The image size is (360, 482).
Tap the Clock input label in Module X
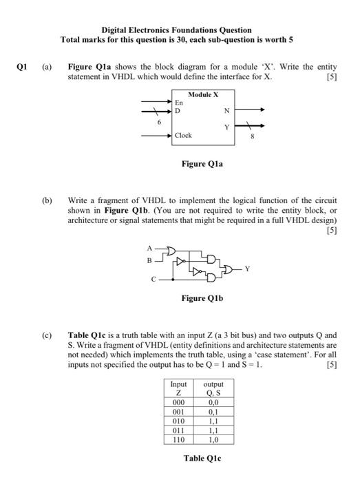(184, 135)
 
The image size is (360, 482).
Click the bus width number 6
(160, 121)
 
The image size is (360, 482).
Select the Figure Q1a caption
(204, 165)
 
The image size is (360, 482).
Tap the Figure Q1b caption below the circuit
(202, 298)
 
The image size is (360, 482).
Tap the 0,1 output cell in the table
(214, 412)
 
